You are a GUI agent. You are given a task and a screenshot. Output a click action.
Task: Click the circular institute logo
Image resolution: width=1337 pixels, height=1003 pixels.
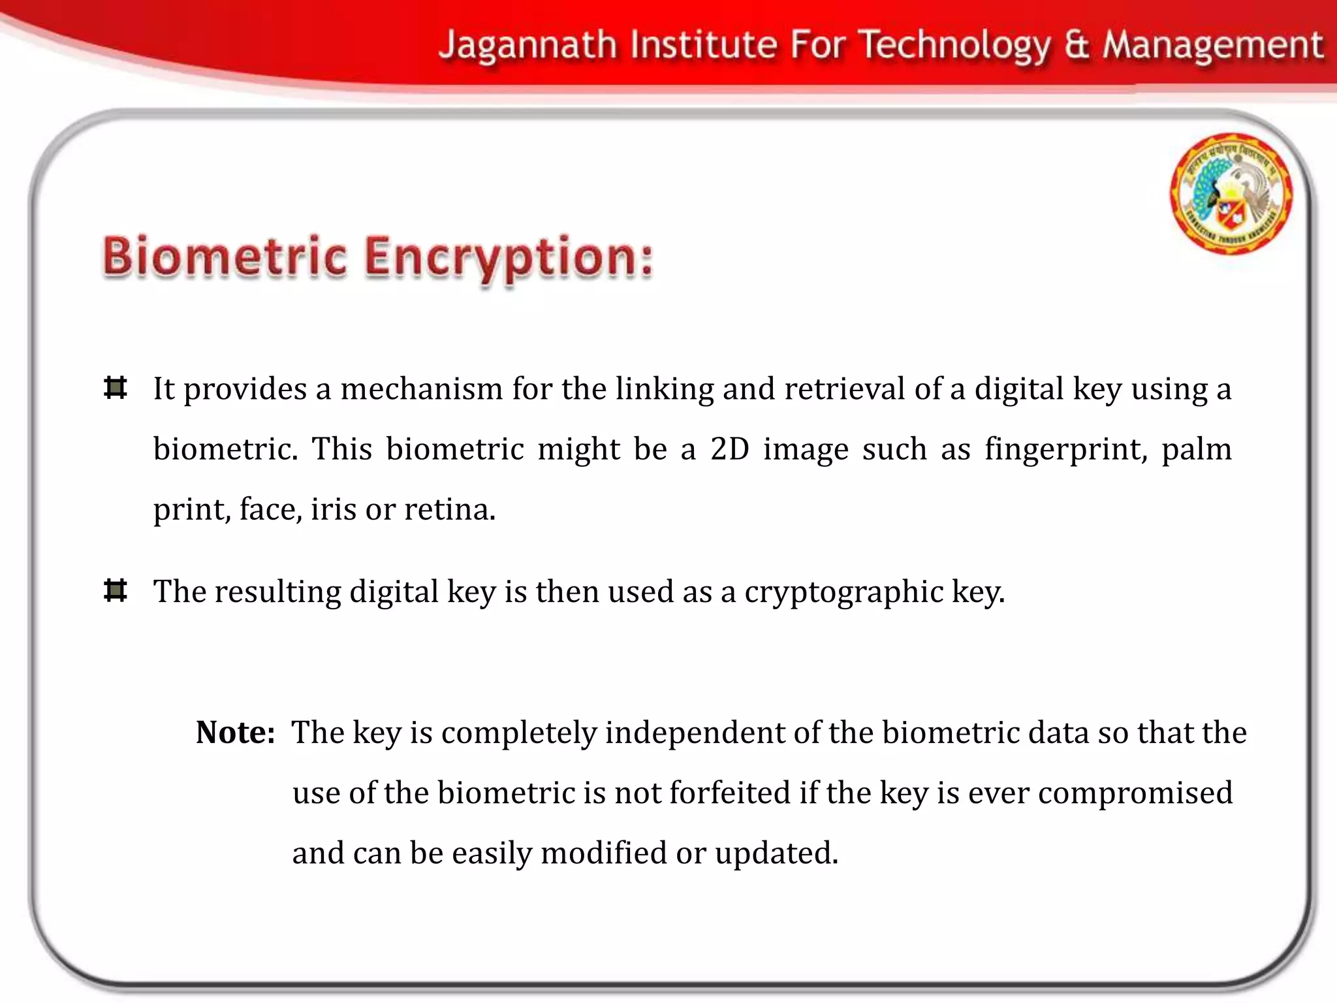[x=1231, y=193]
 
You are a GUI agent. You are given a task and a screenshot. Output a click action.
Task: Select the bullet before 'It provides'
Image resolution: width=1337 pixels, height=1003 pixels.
[x=116, y=388]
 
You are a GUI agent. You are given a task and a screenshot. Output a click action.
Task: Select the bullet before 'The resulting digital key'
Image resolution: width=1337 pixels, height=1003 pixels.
[x=116, y=591]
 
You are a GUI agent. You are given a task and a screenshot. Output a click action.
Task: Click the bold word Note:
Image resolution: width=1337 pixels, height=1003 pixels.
[x=235, y=732]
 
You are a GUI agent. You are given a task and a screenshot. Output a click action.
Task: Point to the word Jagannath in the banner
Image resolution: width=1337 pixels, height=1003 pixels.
[x=527, y=46]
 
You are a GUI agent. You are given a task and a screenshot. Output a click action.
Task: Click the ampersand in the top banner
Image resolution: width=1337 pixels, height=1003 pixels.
[x=1078, y=46]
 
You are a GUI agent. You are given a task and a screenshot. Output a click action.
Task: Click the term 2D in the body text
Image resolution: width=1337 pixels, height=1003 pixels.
[x=729, y=449]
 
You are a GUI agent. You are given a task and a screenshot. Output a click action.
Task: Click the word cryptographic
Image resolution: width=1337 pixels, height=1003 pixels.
[x=843, y=592]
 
